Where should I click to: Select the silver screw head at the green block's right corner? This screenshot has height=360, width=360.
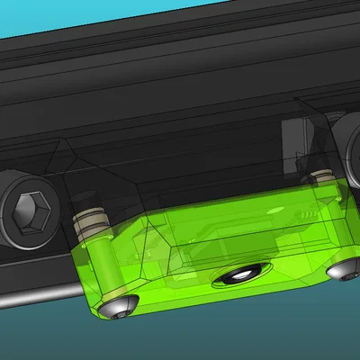pyautogui.click(x=339, y=269)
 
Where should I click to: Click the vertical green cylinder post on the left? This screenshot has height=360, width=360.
pyautogui.click(x=100, y=266)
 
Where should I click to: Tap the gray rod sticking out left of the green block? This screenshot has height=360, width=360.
pyautogui.click(x=36, y=298)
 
